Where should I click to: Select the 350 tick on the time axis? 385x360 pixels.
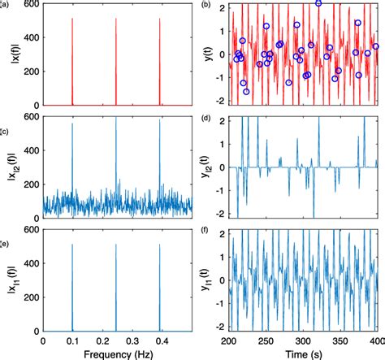[x=340, y=341]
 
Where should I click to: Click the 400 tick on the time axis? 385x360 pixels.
[x=375, y=341]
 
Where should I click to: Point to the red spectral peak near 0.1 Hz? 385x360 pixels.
[x=72, y=20]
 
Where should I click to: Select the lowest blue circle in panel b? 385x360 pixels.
[x=246, y=92]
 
